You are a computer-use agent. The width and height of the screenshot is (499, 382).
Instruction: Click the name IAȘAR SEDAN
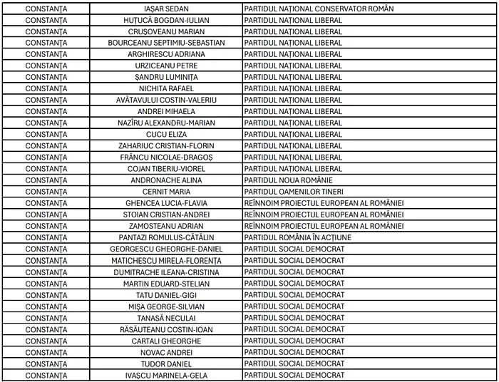166,9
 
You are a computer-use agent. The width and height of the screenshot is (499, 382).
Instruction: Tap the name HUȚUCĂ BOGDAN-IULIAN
166,20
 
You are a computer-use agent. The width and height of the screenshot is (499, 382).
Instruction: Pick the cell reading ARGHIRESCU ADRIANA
166,54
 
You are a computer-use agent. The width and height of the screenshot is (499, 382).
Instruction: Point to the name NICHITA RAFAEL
166,88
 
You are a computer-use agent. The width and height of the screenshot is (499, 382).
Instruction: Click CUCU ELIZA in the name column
166,134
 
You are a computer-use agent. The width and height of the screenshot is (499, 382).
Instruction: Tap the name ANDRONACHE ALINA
166,180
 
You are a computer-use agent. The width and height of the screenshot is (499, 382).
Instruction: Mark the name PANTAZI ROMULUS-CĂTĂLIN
166,237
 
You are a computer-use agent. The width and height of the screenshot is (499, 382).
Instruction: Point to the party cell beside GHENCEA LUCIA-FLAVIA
324,203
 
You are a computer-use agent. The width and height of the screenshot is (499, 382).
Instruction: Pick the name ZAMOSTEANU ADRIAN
166,226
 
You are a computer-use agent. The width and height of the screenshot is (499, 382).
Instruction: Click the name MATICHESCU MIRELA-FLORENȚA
166,260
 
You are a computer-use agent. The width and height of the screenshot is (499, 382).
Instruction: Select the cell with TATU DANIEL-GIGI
166,295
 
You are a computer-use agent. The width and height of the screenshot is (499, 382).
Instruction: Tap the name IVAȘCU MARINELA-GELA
166,375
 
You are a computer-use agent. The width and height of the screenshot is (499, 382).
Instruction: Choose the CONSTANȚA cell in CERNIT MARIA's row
46,192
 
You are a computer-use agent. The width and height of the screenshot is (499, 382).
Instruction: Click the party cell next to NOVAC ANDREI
294,352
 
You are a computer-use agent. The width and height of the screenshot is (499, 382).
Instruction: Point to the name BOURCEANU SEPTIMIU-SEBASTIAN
166,43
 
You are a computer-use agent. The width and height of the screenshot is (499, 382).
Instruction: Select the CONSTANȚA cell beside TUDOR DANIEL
46,363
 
